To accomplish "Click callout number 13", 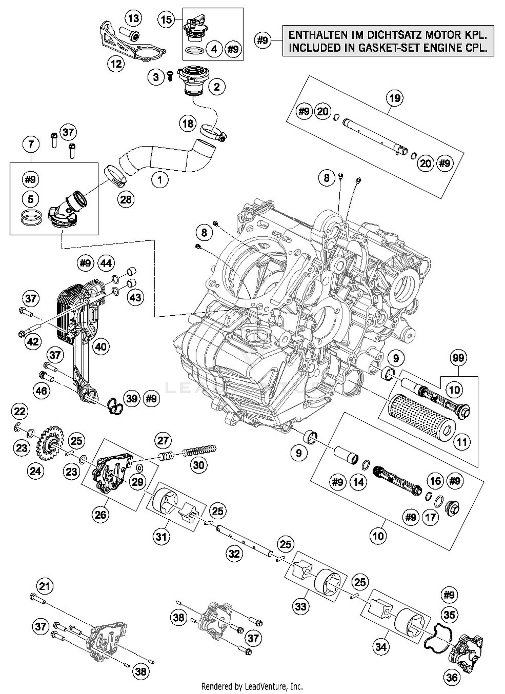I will [x=133, y=18].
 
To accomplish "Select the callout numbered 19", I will [x=395, y=98].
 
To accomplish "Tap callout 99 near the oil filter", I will [x=458, y=358].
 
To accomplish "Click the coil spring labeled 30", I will [x=199, y=450].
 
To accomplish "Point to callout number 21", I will [x=45, y=586].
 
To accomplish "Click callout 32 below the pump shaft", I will [x=234, y=554].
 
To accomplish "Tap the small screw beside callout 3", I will [x=170, y=76].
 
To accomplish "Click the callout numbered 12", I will [x=116, y=63].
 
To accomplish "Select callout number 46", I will [x=41, y=391].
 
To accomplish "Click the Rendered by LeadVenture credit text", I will [x=252, y=686].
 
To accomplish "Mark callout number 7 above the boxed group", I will [x=31, y=145].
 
